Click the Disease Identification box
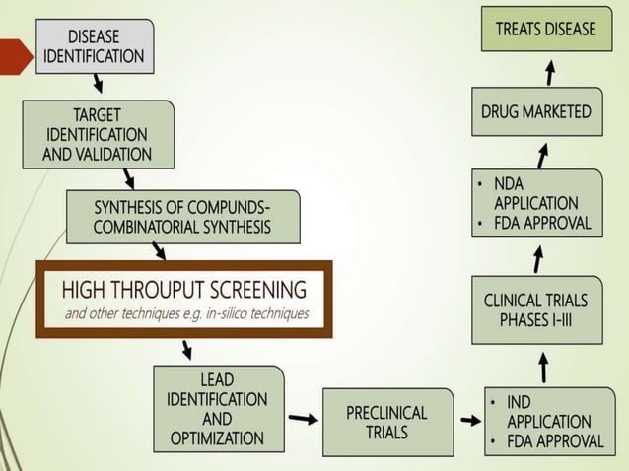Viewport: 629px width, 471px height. click(95, 45)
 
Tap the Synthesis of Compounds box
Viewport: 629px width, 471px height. click(182, 218)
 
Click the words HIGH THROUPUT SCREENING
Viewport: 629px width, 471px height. click(184, 290)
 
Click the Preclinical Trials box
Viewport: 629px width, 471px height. click(387, 422)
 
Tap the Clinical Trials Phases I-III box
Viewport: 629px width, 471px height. click(536, 310)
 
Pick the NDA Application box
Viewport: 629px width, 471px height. click(535, 203)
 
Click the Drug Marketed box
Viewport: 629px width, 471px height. click(535, 112)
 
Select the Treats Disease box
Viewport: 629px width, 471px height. click(545, 30)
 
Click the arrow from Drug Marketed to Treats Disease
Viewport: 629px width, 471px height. click(550, 73)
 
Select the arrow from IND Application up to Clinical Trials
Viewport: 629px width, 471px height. click(543, 368)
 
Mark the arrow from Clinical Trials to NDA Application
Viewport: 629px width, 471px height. click(538, 258)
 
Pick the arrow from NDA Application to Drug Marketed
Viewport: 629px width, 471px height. click(542, 154)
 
